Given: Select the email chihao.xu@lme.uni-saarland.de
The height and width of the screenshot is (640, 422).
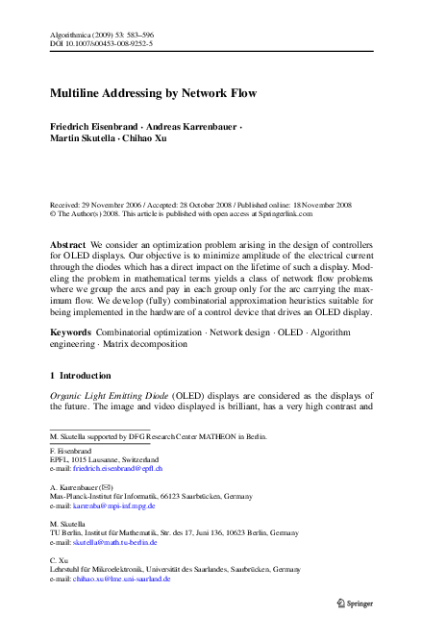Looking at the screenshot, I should pyautogui.click(x=122, y=579).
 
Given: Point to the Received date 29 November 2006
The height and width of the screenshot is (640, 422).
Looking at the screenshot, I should pyautogui.click(x=112, y=205).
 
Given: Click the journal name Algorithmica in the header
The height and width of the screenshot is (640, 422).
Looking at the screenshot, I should pyautogui.click(x=70, y=35).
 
